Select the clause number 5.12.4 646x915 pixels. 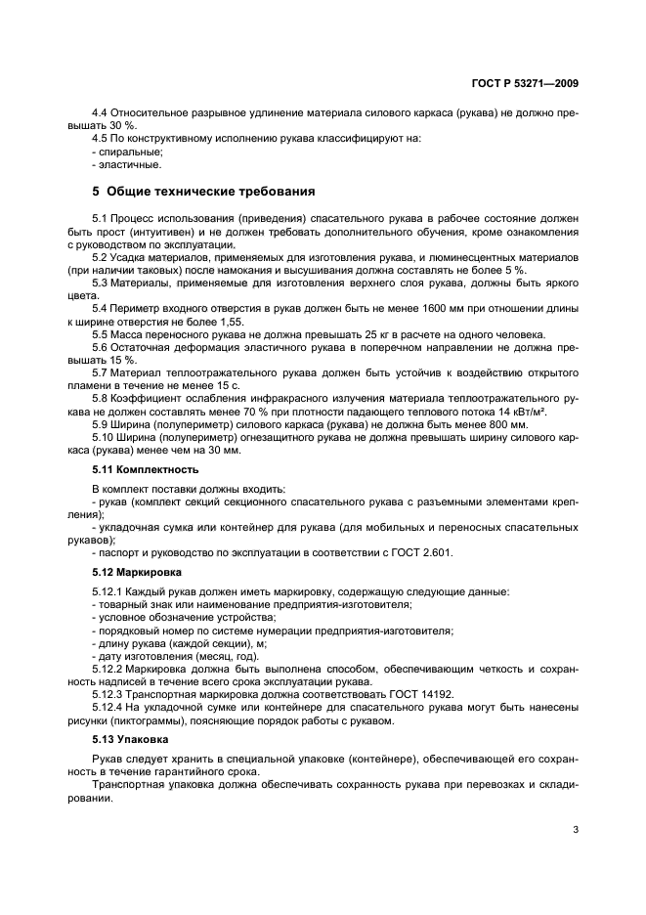click(109, 707)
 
